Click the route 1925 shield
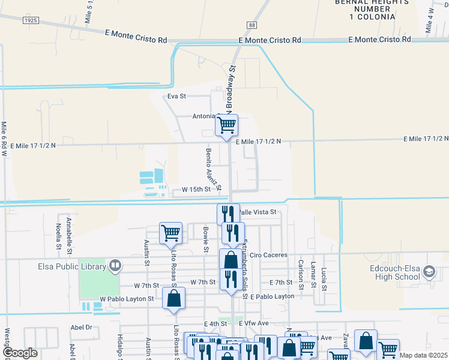click(31, 20)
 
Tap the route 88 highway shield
click(252, 25)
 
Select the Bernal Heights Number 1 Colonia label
click(366, 10)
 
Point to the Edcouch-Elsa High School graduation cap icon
click(429, 272)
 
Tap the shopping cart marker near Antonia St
click(226, 125)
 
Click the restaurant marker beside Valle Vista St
click(228, 214)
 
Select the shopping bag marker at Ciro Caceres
click(231, 260)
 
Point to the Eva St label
click(177, 96)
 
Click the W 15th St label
click(192, 190)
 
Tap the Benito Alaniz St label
click(213, 168)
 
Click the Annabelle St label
click(70, 233)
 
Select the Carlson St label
click(301, 274)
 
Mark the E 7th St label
click(281, 282)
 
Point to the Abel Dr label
click(81, 328)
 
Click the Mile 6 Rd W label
click(4, 139)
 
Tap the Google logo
click(20, 353)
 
